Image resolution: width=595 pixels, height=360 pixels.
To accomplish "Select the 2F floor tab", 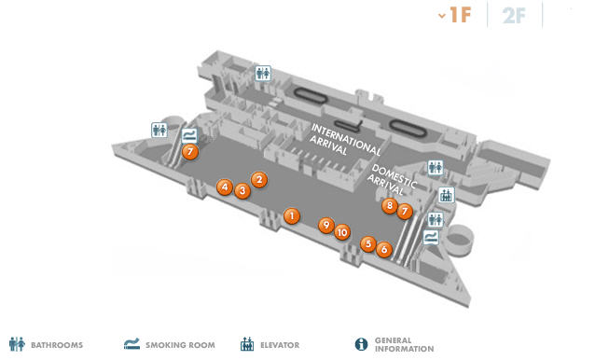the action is tap(514, 16).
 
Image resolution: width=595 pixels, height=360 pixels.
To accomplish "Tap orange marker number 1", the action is tap(292, 216).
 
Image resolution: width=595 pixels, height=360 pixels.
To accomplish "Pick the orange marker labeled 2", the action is tap(259, 179).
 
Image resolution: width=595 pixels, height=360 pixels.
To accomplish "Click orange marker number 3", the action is tap(242, 191).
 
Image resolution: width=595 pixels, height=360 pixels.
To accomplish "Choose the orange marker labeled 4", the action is tap(225, 187).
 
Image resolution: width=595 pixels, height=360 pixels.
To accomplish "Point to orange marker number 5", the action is tap(368, 244).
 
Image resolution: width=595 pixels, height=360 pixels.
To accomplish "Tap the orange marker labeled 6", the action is tap(384, 250).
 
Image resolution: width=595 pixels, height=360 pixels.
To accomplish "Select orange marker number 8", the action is tap(390, 205).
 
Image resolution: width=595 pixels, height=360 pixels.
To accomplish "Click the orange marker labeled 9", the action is tap(326, 226).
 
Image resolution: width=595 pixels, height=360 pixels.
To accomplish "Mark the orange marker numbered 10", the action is tap(342, 232).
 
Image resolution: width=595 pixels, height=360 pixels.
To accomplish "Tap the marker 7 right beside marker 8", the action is tap(405, 212).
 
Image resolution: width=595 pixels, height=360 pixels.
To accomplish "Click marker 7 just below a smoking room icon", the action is tap(190, 152).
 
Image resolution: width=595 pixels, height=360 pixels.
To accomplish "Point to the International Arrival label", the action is tap(345, 140).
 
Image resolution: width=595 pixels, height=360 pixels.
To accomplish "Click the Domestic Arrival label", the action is tap(392, 180).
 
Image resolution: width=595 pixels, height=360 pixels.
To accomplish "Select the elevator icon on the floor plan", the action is tap(446, 195).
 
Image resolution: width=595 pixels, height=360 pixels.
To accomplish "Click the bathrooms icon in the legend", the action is tap(17, 344).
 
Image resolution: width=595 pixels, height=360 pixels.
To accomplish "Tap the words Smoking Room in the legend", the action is tap(180, 345).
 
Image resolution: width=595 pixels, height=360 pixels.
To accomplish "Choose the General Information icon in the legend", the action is tap(361, 344).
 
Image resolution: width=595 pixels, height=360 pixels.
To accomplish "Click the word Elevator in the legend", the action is tap(280, 345).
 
